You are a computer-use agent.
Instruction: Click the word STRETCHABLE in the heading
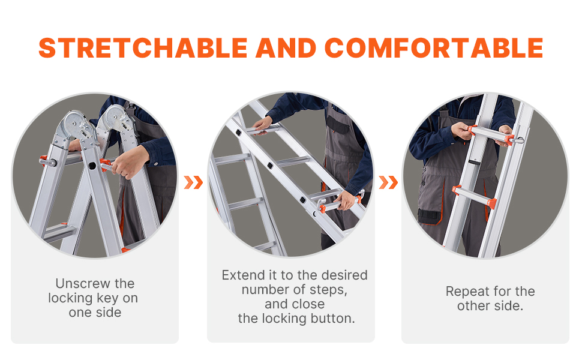143,48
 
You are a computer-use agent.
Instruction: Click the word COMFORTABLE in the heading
434,48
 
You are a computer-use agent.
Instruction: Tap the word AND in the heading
286,48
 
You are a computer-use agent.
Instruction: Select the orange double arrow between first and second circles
193,182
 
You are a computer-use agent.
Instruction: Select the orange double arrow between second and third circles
388,182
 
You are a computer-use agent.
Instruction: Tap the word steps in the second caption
328,290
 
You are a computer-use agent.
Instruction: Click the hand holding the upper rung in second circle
263,125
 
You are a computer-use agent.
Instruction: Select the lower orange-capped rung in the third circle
474,196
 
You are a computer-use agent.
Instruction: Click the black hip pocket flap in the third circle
429,216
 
